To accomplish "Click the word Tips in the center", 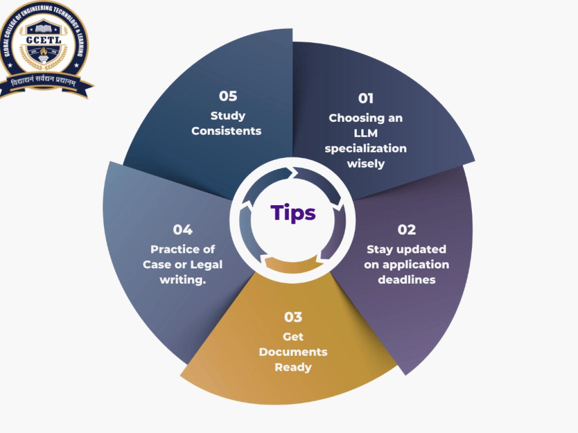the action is click(x=293, y=213).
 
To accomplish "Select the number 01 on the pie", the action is click(x=366, y=99).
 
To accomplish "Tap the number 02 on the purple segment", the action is click(x=406, y=230).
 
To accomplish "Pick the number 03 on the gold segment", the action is click(x=293, y=317).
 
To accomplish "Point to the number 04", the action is click(x=183, y=230).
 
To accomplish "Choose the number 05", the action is click(x=228, y=96).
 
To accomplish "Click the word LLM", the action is click(x=366, y=134).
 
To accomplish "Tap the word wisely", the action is click(x=366, y=164).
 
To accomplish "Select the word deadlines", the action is click(x=406, y=280).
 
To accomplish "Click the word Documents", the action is click(x=293, y=352).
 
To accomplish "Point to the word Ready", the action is click(x=293, y=368).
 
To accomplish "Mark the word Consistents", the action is click(x=226, y=131).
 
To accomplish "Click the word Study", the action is click(x=228, y=116).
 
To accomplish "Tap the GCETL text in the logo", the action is click(x=44, y=40).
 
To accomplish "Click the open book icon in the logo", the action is click(x=43, y=29).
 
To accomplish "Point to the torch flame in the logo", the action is click(x=44, y=51).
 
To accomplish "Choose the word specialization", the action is click(x=366, y=149).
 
